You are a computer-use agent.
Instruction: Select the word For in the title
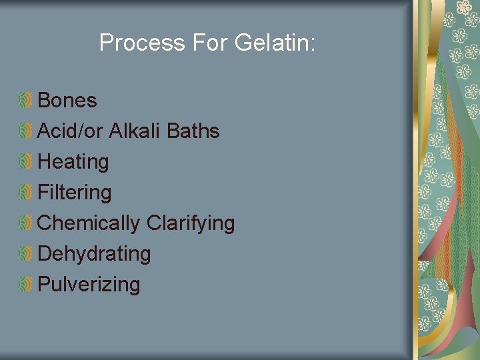210,43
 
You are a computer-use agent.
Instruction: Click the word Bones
67,101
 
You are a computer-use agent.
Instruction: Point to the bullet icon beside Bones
25,101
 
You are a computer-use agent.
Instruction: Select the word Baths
193,131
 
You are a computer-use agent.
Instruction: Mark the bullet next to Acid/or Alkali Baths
25,131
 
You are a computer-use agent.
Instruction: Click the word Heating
73,162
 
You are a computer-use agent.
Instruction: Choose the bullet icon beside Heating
25,162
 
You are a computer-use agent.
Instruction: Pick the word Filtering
75,193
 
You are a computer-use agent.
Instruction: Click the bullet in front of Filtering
25,193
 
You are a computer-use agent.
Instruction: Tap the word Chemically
89,223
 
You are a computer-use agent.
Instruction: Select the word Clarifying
191,223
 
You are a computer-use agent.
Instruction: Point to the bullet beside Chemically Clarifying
25,223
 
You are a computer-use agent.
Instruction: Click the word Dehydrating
94,254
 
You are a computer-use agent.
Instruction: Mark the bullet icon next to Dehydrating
25,254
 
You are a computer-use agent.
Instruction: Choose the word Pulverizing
89,285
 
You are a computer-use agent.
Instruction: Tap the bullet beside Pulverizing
25,285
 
